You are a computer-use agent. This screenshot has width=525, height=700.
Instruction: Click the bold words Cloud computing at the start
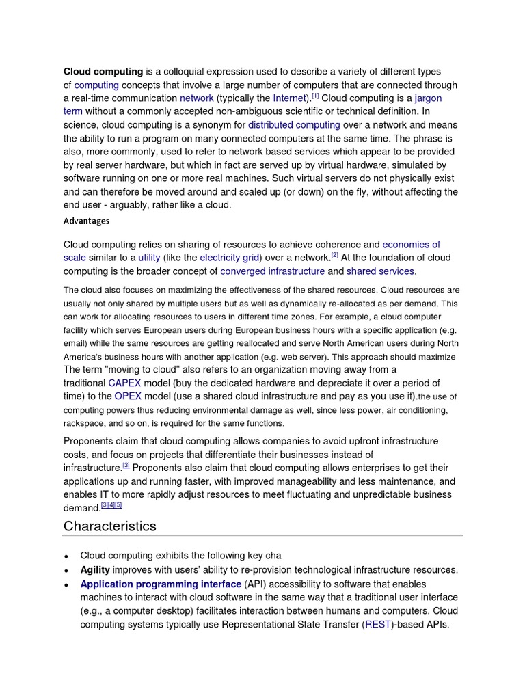pyautogui.click(x=103, y=72)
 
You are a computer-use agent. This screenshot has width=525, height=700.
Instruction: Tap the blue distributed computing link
pyautogui.click(x=294, y=125)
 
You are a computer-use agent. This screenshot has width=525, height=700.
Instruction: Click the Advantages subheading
pyautogui.click(x=86, y=221)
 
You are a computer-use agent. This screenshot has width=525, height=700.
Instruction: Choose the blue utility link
pyautogui.click(x=149, y=258)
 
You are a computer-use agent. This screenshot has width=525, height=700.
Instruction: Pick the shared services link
pyautogui.click(x=381, y=271)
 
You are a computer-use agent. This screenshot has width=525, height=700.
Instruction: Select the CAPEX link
pyautogui.click(x=124, y=383)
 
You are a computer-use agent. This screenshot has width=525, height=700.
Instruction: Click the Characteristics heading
pyautogui.click(x=110, y=526)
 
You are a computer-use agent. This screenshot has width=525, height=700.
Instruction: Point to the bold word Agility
pyautogui.click(x=95, y=570)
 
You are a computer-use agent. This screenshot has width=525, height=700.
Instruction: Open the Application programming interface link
pyautogui.click(x=161, y=584)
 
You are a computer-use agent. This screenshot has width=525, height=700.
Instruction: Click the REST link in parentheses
pyautogui.click(x=378, y=624)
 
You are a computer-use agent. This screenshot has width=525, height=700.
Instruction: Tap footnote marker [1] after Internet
pyautogui.click(x=315, y=96)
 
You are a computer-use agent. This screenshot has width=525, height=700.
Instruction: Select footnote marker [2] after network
pyautogui.click(x=335, y=255)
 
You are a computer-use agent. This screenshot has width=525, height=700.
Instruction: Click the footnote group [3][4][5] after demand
pyautogui.click(x=111, y=505)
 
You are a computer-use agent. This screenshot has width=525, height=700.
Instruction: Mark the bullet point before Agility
pyautogui.click(x=67, y=571)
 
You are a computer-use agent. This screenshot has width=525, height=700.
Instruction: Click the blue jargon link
pyautogui.click(x=428, y=98)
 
